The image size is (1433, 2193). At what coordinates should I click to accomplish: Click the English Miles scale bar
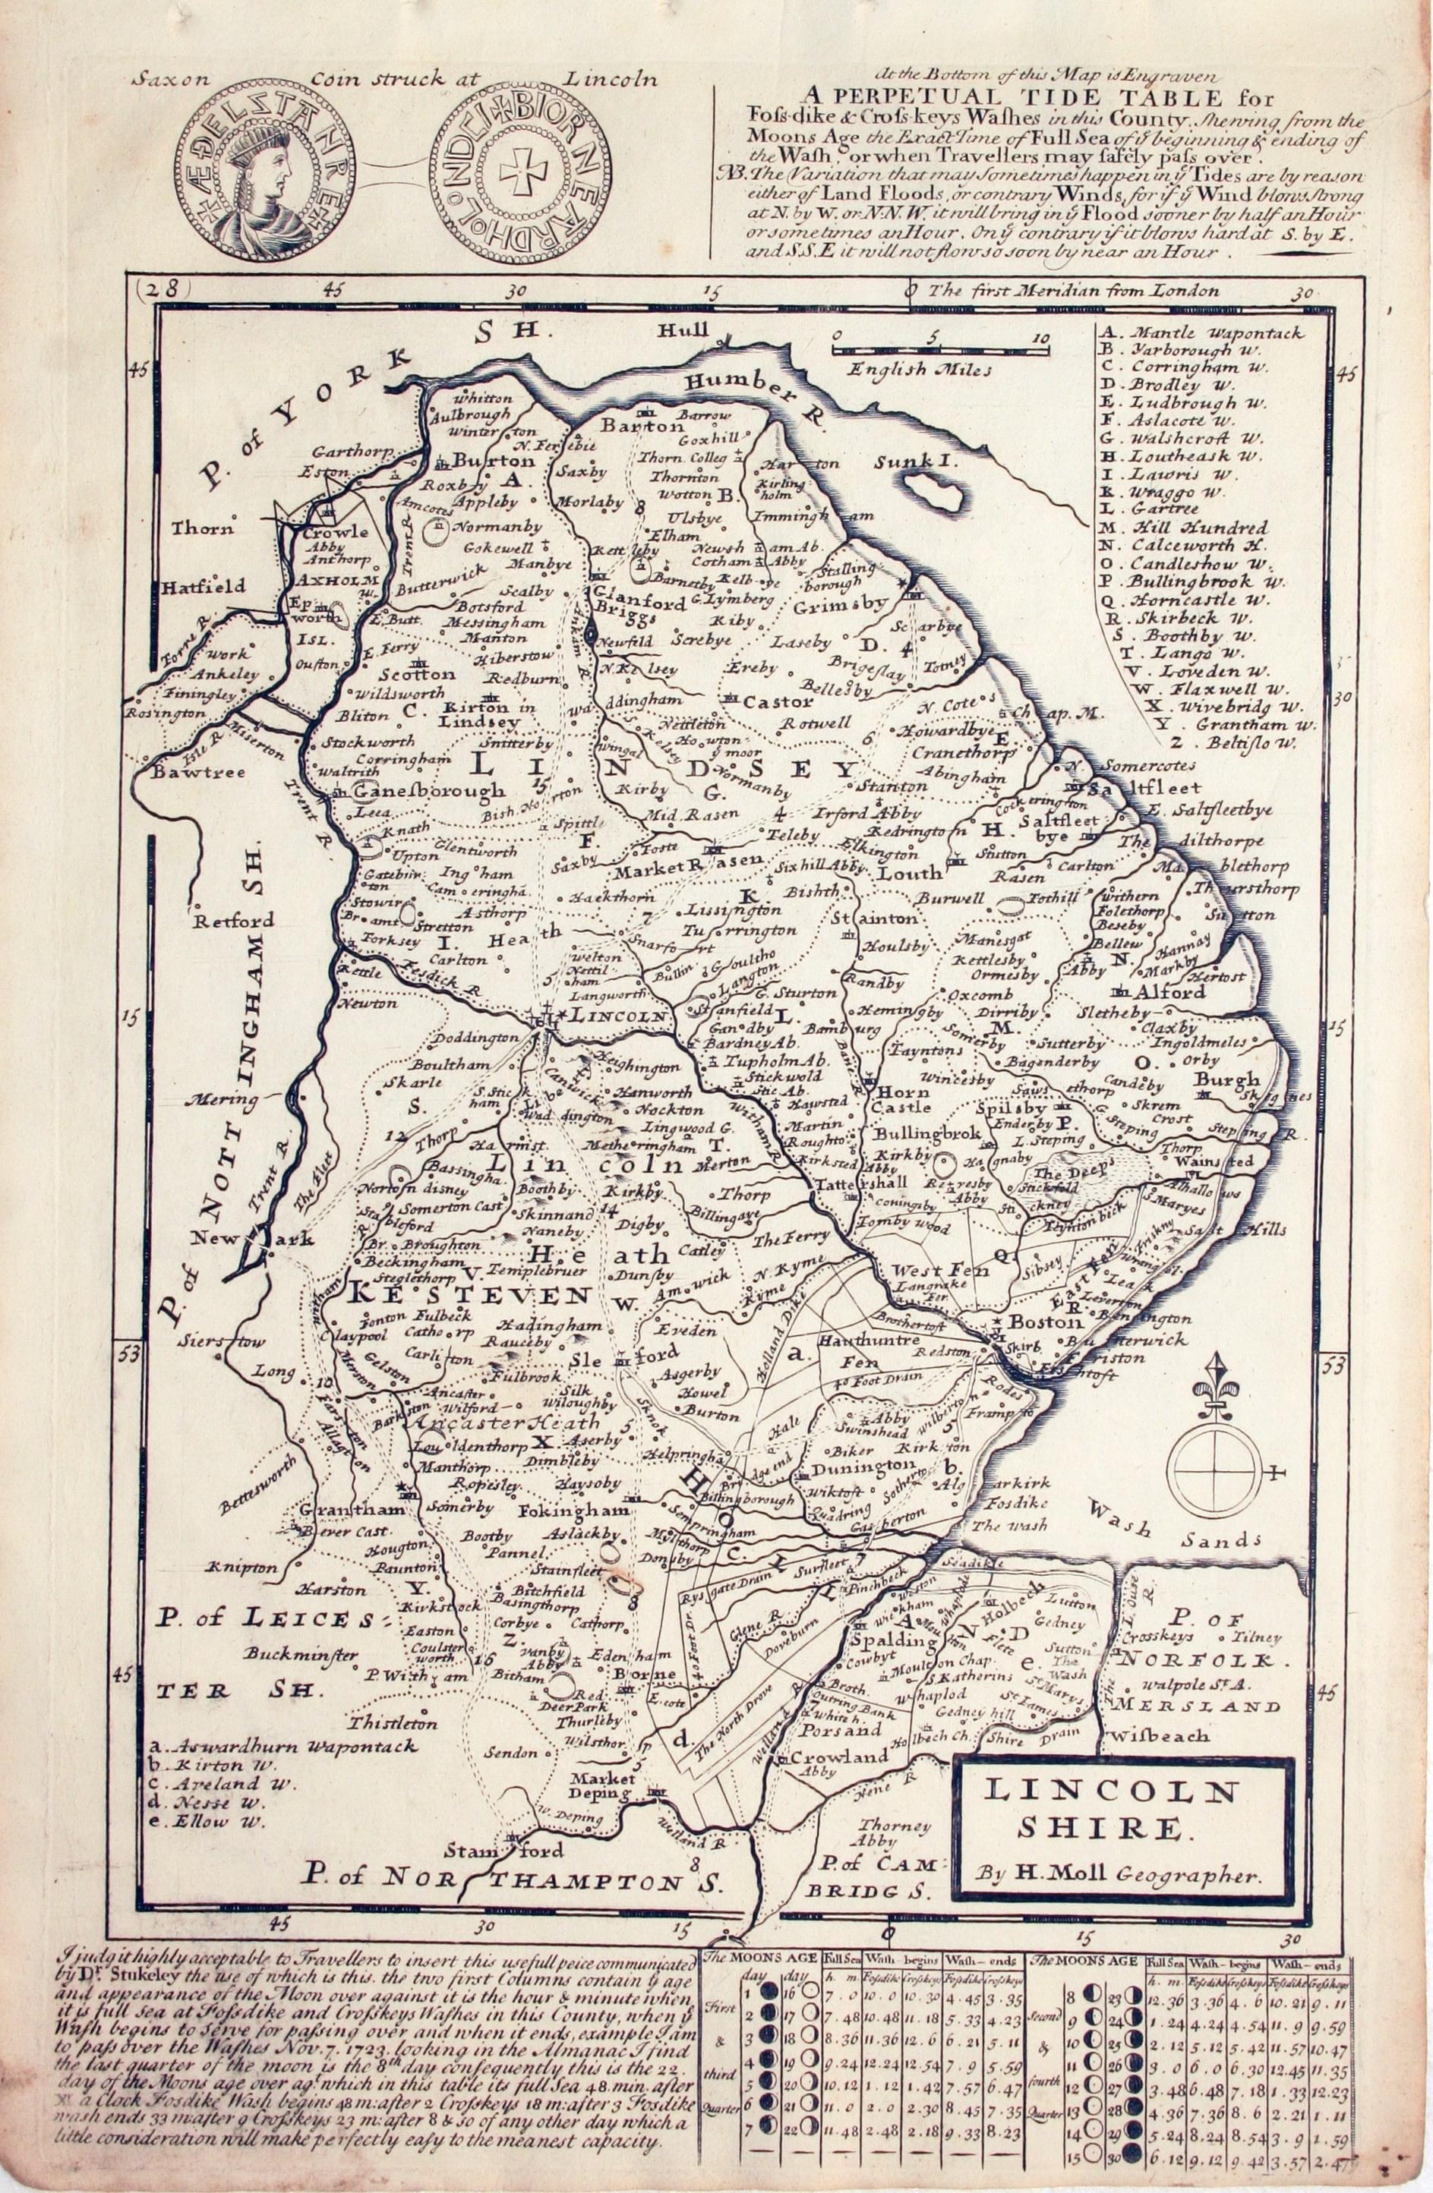tap(940, 349)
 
